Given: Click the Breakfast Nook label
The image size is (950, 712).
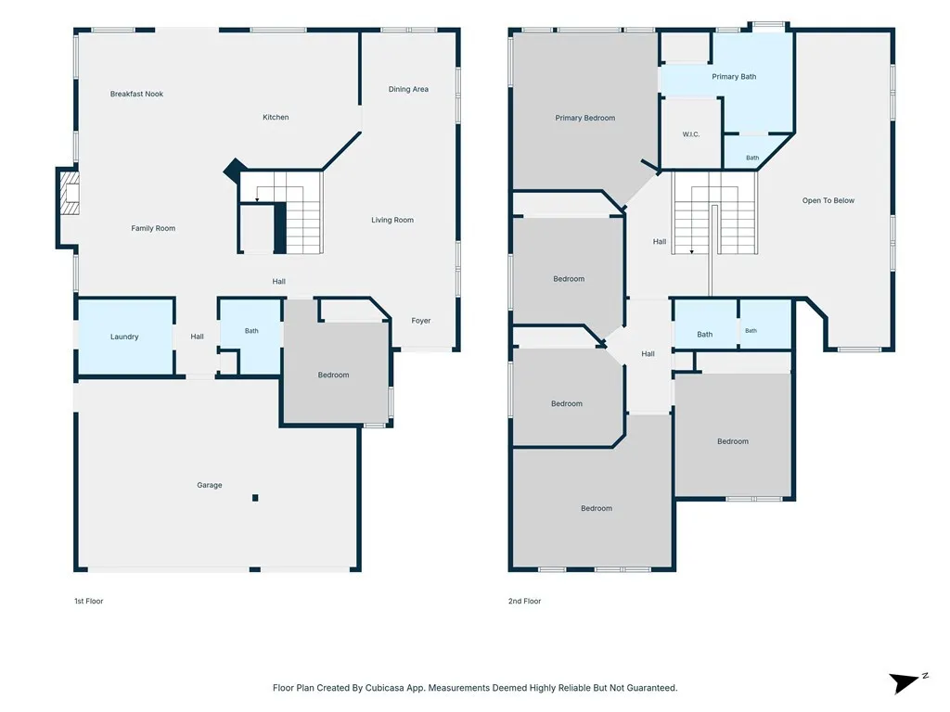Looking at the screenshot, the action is tap(136, 94).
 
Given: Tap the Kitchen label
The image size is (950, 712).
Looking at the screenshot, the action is tap(276, 118).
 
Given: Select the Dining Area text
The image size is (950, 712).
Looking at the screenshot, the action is tap(408, 89).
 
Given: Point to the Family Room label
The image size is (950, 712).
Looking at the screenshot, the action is tap(153, 228).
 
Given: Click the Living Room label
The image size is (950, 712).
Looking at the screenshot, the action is tap(392, 220).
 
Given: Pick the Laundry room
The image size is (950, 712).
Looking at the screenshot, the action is tap(125, 337).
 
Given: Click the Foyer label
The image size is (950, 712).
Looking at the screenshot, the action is tap(421, 321).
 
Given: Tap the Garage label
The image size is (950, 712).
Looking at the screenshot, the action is tap(210, 485).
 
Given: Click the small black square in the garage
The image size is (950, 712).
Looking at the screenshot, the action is tap(256, 498).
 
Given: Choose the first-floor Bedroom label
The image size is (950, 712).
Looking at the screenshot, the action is tap(333, 375).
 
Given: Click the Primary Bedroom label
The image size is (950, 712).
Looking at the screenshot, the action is tap(585, 118).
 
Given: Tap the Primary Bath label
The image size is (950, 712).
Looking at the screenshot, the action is tap(734, 77).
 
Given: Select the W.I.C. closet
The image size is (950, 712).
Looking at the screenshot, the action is tap(691, 133).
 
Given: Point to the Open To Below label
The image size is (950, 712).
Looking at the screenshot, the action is tap(828, 200).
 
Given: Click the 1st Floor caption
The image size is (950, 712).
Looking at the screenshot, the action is tap(89, 601).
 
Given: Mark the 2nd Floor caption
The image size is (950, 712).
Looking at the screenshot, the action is tap(525, 601).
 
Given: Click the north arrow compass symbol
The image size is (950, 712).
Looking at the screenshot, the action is tap(905, 682).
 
